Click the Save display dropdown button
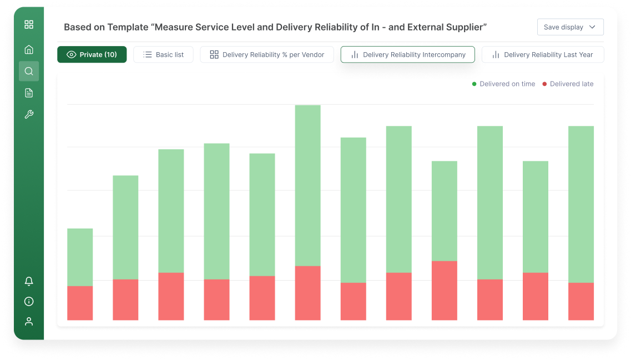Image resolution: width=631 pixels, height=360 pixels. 570,27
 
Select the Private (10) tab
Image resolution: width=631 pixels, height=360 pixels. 92,54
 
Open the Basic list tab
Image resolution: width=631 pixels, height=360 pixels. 163,54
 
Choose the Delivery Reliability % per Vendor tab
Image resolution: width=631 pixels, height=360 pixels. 266,54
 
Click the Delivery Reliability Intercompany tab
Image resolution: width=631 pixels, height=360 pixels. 407,54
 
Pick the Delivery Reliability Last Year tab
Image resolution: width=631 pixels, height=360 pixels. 542,54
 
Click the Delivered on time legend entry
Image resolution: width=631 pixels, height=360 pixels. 503,84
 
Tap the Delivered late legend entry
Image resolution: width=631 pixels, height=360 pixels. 568,84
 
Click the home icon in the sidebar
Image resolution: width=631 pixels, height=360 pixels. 29,49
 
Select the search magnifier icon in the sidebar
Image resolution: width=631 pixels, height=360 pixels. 29,71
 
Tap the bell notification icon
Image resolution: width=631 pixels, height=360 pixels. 29,282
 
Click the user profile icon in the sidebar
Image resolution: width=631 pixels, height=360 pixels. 29,322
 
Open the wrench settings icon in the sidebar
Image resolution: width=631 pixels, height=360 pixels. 29,114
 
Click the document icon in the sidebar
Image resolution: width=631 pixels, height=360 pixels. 29,93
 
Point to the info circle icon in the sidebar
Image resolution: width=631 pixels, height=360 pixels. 29,302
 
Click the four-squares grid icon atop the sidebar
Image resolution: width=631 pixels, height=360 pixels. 29,24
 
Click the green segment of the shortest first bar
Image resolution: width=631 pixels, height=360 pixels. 80,257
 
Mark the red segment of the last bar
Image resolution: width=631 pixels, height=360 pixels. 581,301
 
